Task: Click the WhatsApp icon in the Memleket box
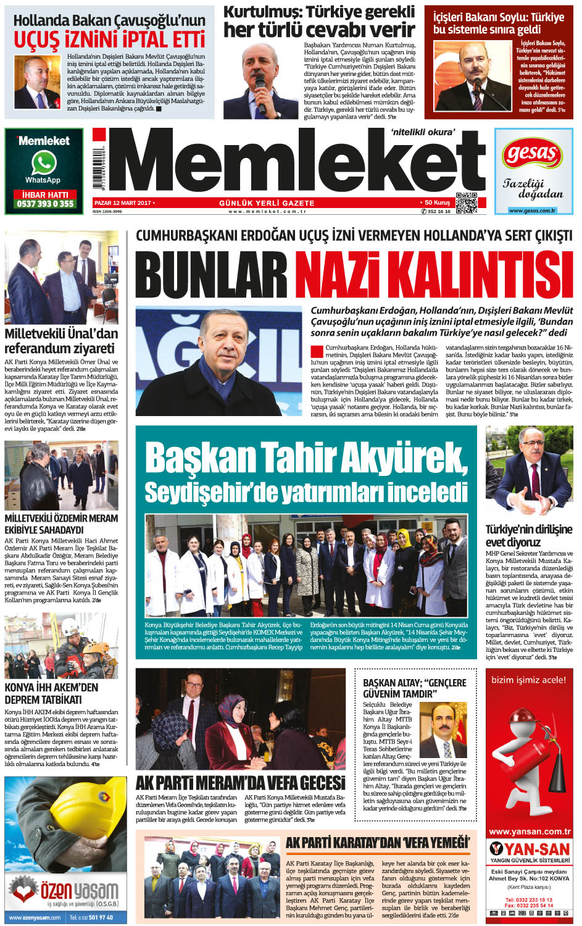click(x=43, y=163)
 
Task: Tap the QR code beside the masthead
click(x=466, y=202)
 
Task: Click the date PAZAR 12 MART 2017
click(x=123, y=202)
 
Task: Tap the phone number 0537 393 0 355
click(x=44, y=204)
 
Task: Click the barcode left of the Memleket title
click(x=99, y=163)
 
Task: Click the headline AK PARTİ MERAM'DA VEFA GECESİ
click(x=240, y=783)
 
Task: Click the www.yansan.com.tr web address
click(x=529, y=832)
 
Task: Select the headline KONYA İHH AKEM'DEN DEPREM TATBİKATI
click(x=52, y=693)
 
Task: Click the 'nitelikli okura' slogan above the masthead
click(x=423, y=131)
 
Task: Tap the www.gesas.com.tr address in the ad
click(x=532, y=211)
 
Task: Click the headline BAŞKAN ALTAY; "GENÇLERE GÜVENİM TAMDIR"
click(x=415, y=688)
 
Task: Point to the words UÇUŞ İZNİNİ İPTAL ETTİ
click(x=109, y=40)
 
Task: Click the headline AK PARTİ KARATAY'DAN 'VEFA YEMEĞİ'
click(x=377, y=843)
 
